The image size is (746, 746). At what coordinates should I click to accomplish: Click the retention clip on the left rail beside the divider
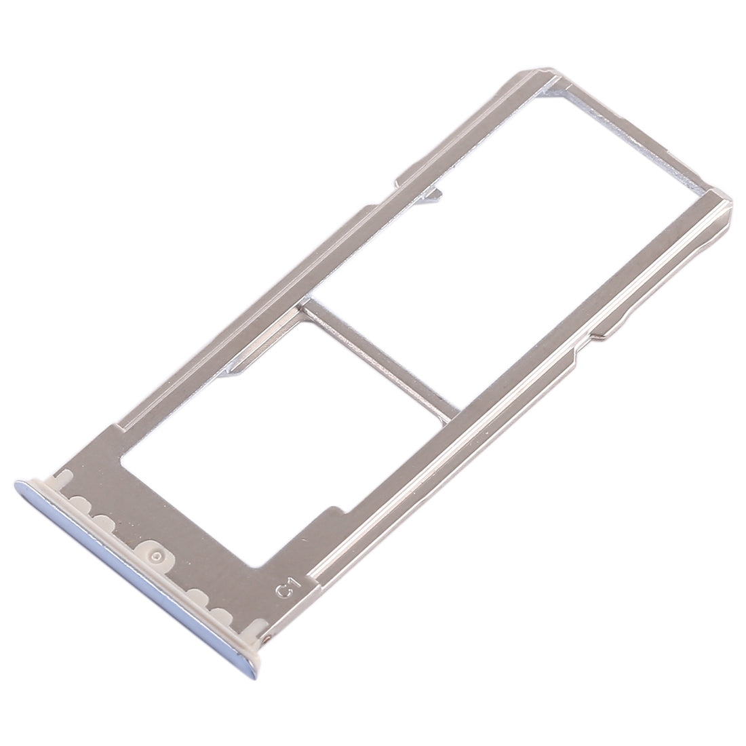pos(244,366)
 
